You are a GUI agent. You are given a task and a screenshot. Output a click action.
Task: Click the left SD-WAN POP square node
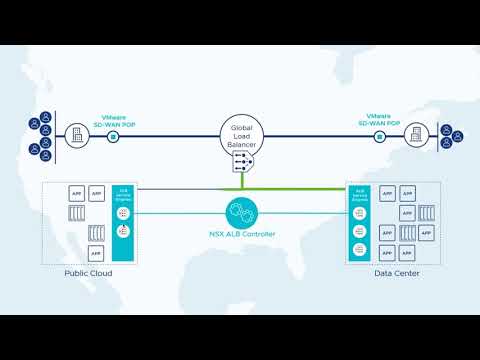point(114,136)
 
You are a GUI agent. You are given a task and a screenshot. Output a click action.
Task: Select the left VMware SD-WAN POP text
point(114,118)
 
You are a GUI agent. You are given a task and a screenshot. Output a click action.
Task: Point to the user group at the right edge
point(450,136)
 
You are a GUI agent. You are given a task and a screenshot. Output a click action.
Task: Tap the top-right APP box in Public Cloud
point(97,193)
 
